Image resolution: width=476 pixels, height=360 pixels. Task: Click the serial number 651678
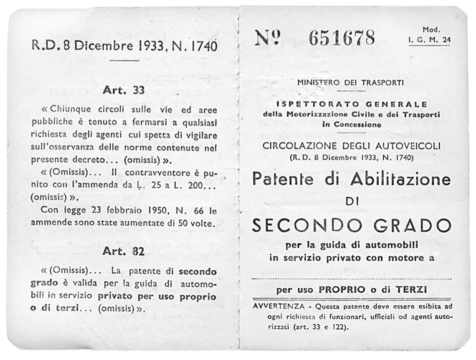(x=342, y=38)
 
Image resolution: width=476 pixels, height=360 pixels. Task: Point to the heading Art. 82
(x=124, y=252)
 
